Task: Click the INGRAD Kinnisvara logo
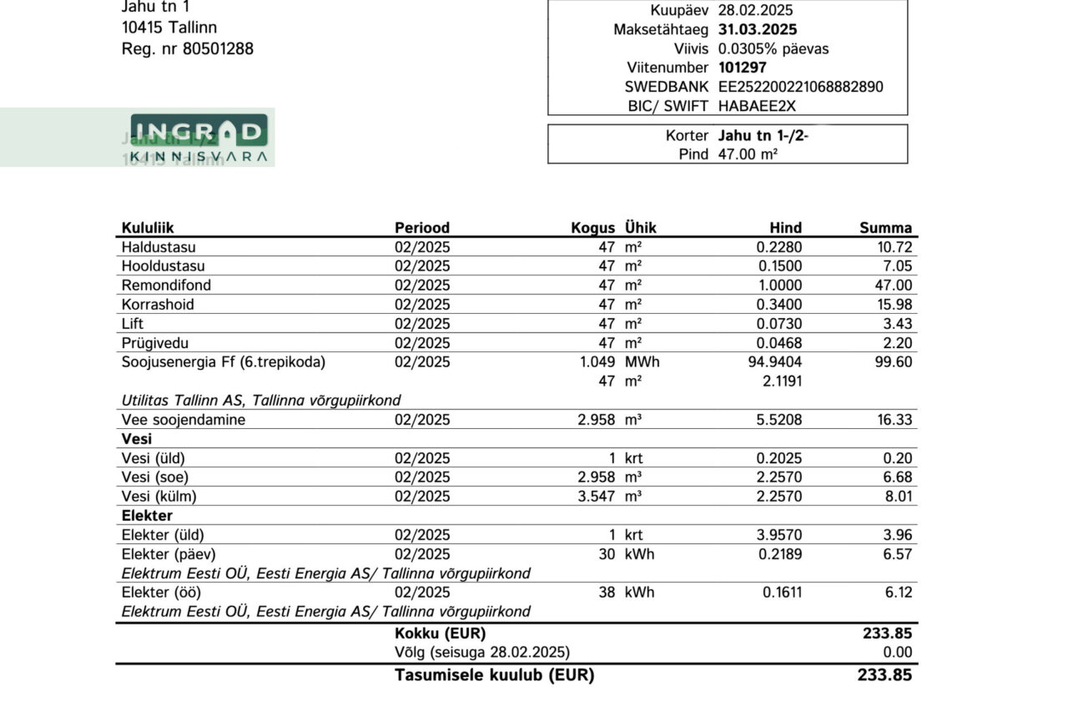(199, 138)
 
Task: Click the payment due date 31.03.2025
(757, 30)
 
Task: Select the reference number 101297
(742, 68)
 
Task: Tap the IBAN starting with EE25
(800, 87)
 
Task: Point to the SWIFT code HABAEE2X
(757, 106)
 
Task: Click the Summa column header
(885, 228)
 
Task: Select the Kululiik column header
(148, 228)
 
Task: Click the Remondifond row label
(166, 285)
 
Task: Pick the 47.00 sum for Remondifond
(893, 285)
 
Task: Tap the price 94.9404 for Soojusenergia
(773, 362)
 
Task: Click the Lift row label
(132, 324)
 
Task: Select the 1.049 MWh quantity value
(597, 362)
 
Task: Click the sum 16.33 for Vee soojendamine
(894, 420)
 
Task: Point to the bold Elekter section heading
(147, 516)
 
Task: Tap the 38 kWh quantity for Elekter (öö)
(606, 593)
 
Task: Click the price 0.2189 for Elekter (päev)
(782, 554)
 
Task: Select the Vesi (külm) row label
(159, 497)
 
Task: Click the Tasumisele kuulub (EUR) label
(494, 675)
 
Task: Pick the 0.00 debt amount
(898, 652)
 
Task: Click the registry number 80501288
(218, 49)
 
